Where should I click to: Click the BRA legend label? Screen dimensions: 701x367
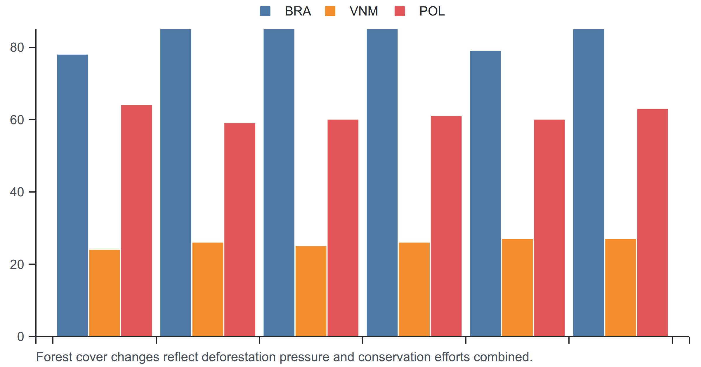click(x=298, y=11)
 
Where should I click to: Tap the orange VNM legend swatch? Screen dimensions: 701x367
click(x=330, y=11)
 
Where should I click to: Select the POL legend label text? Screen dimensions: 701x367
click(x=432, y=11)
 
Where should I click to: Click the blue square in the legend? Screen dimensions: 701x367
click(x=265, y=11)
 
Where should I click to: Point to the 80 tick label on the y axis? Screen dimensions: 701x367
click(x=17, y=47)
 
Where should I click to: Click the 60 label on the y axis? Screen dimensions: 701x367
click(x=17, y=120)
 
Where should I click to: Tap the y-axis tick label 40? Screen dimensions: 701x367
click(x=17, y=192)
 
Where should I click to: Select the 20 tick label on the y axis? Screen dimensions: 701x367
click(x=17, y=264)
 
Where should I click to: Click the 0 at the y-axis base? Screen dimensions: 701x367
click(x=20, y=337)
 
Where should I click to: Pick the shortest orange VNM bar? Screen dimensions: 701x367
click(x=105, y=293)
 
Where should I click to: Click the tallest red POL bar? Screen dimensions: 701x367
click(x=136, y=221)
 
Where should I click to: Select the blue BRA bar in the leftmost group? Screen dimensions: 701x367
click(x=72, y=195)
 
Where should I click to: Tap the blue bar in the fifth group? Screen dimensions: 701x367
click(x=485, y=193)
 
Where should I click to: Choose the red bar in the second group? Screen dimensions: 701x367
click(x=240, y=230)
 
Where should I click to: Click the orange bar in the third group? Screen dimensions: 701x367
click(x=311, y=291)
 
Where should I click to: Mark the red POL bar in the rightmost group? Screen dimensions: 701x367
click(x=653, y=222)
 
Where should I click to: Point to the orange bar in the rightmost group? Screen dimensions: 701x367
click(x=621, y=288)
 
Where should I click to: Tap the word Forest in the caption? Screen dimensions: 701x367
click(x=54, y=357)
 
